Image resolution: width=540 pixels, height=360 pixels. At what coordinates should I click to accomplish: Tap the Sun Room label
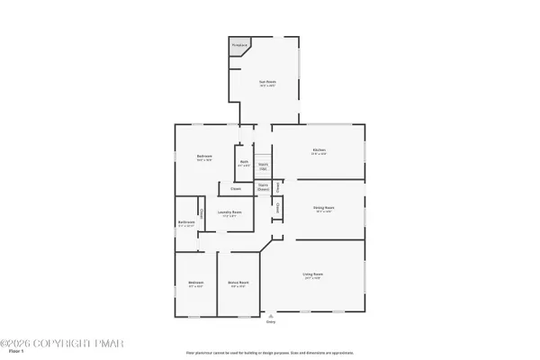click(267, 83)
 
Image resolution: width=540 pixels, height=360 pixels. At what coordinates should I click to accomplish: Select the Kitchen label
click(319, 150)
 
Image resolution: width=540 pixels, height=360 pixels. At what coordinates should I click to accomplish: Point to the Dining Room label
click(323, 209)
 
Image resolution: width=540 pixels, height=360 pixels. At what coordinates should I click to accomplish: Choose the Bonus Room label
click(238, 283)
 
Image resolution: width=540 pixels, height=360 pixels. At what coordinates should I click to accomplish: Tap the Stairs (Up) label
click(263, 166)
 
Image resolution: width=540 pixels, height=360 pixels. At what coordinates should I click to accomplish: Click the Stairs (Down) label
click(264, 188)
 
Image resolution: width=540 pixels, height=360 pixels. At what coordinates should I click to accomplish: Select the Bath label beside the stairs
click(244, 164)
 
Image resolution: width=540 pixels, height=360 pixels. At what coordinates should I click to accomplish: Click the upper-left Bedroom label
click(204, 158)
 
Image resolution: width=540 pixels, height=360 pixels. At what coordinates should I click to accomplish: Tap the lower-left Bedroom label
click(196, 283)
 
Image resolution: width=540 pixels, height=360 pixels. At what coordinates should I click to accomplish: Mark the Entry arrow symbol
click(271, 315)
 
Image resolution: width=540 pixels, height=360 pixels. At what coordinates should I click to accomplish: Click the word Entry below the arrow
click(271, 321)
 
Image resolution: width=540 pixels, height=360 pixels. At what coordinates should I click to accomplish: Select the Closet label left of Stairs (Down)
click(236, 189)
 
